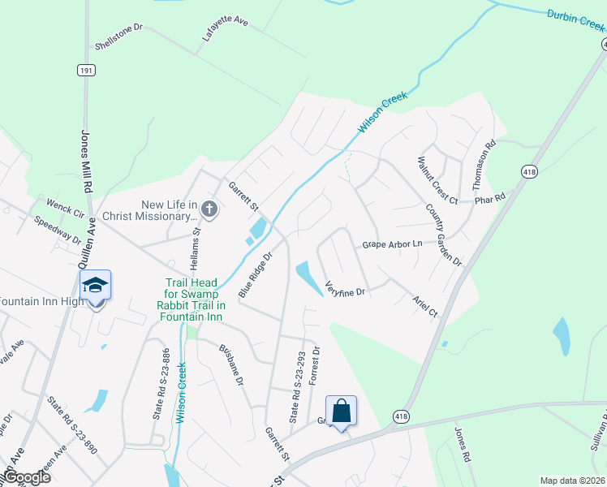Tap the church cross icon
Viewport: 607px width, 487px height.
click(x=209, y=209)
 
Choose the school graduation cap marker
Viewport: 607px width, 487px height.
click(x=96, y=286)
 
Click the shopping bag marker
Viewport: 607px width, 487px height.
click(x=342, y=411)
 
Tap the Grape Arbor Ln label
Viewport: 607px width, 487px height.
click(x=393, y=243)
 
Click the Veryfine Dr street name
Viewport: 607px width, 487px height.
click(x=346, y=287)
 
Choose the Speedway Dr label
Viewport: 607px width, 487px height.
click(x=58, y=230)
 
